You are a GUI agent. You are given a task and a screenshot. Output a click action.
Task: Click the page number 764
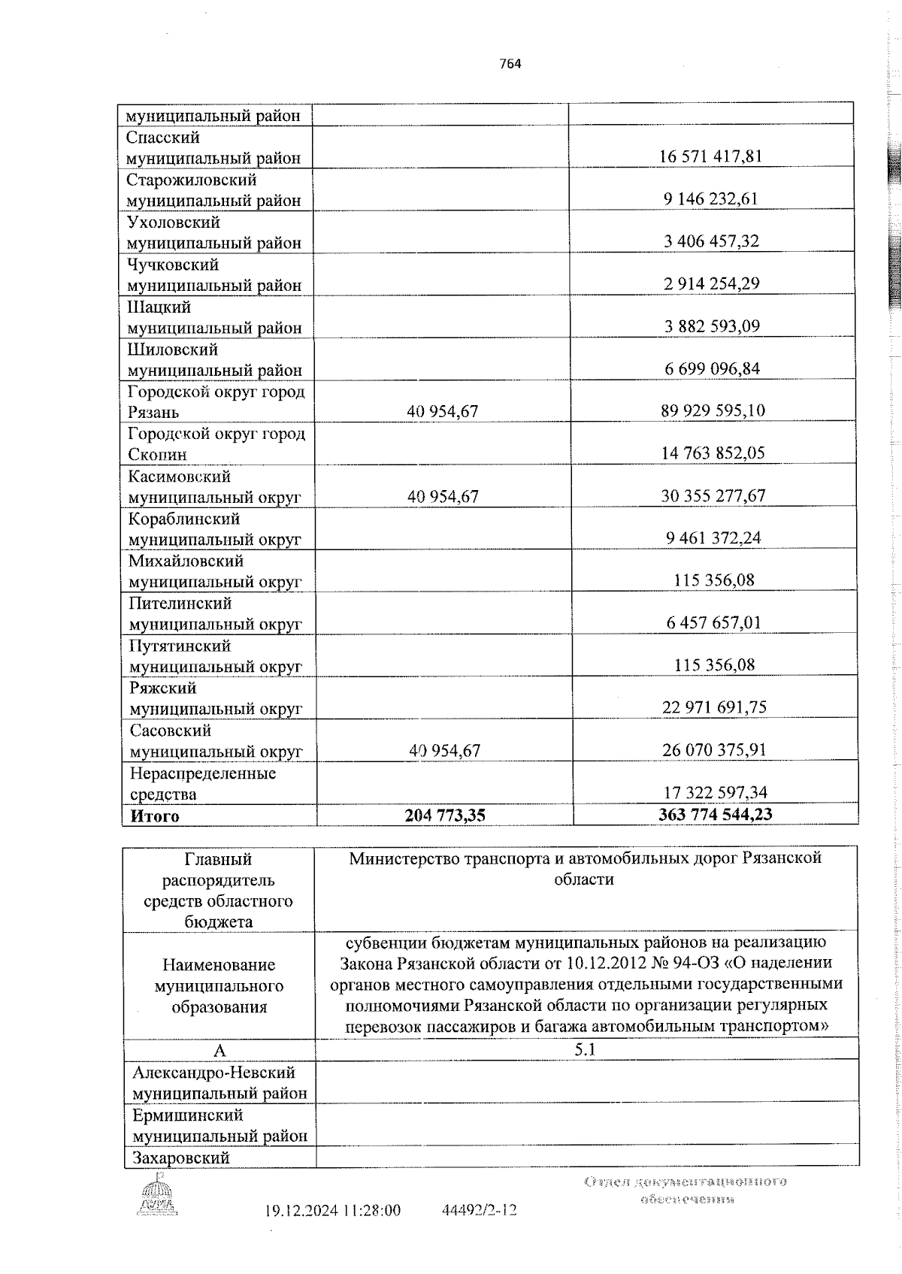click(x=510, y=64)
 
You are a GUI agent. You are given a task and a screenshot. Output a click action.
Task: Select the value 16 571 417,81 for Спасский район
click(x=711, y=157)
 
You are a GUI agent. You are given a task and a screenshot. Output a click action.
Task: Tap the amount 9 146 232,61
click(x=711, y=199)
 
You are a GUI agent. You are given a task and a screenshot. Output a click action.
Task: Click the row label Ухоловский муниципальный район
click(x=213, y=232)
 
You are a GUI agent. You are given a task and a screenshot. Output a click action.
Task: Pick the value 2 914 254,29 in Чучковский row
click(x=711, y=284)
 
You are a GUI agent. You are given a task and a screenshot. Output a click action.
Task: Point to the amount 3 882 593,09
click(x=711, y=326)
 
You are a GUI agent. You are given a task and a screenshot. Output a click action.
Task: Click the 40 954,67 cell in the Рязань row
click(x=442, y=411)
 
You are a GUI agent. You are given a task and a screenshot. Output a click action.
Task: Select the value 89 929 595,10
click(x=711, y=411)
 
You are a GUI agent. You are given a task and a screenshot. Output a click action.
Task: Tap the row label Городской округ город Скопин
click(x=216, y=443)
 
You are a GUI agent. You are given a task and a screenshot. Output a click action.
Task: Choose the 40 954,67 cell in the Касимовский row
click(x=442, y=496)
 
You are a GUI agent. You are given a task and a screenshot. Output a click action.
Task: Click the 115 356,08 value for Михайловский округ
click(x=713, y=580)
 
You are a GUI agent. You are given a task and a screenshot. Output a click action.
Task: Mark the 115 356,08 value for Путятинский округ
click(x=713, y=665)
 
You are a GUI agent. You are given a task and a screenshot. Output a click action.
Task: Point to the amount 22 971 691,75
click(x=713, y=707)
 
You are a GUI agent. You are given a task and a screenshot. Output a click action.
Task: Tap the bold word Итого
click(x=155, y=816)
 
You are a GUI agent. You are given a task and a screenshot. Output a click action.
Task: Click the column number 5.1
click(x=585, y=1050)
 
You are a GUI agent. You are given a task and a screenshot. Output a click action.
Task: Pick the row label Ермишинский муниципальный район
click(x=219, y=1125)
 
